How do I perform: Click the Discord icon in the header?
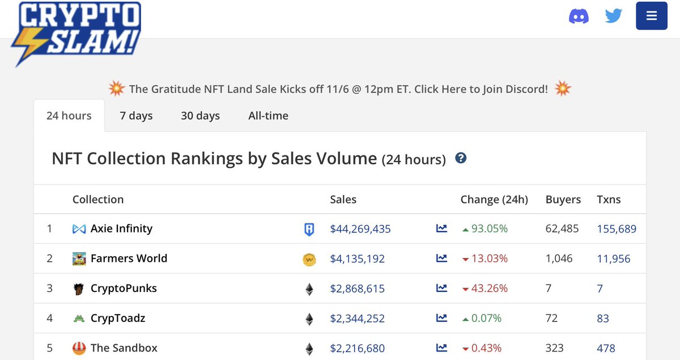tap(579, 16)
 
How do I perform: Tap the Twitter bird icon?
tap(614, 16)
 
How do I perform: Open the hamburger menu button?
tap(652, 16)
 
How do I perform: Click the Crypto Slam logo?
tap(76, 33)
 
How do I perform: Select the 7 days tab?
tap(136, 116)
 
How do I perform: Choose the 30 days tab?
tap(201, 116)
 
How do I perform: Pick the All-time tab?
tap(269, 116)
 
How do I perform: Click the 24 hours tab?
tap(69, 116)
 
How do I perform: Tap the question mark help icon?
tap(461, 158)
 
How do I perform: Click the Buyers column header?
tap(563, 200)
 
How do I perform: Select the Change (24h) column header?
tap(494, 200)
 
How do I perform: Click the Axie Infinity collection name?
tap(121, 228)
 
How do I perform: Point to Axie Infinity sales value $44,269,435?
tap(360, 229)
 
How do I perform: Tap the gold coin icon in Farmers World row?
tap(309, 260)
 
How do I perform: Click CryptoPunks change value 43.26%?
tap(489, 289)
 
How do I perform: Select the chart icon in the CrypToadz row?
tap(441, 318)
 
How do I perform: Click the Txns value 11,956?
tap(614, 259)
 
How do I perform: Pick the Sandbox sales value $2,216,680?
tap(358, 348)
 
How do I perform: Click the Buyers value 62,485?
tap(562, 228)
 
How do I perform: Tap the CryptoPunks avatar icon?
tap(79, 289)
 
